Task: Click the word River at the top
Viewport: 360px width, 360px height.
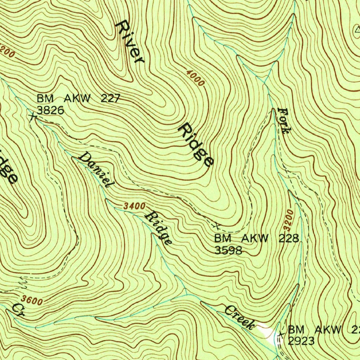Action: [130, 42]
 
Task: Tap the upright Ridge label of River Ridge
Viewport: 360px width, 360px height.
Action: [196, 144]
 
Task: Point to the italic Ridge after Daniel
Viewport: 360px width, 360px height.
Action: [159, 228]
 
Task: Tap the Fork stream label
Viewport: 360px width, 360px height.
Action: [284, 120]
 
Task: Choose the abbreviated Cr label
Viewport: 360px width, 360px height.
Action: [18, 310]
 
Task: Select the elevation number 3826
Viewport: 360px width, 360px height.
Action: [50, 110]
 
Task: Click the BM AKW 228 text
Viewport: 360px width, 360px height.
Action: [257, 238]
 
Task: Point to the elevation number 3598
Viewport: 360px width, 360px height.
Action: [228, 250]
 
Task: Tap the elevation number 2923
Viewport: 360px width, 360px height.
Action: [301, 341]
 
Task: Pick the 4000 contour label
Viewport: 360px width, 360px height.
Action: [195, 78]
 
